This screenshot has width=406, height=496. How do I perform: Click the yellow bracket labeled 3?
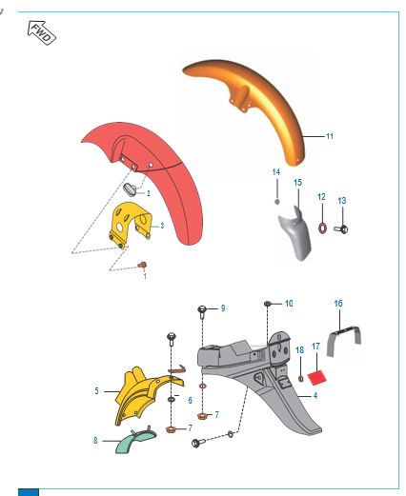[x=132, y=227]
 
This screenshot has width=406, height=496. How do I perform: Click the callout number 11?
[x=329, y=137]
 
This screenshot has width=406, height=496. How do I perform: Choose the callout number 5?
[x=96, y=391]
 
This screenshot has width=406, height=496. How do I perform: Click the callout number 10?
[x=289, y=303]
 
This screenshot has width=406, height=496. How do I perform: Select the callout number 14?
[x=276, y=172]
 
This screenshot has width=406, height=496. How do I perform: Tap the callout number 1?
[x=144, y=275]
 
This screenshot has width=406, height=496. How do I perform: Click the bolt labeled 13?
[x=343, y=228]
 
